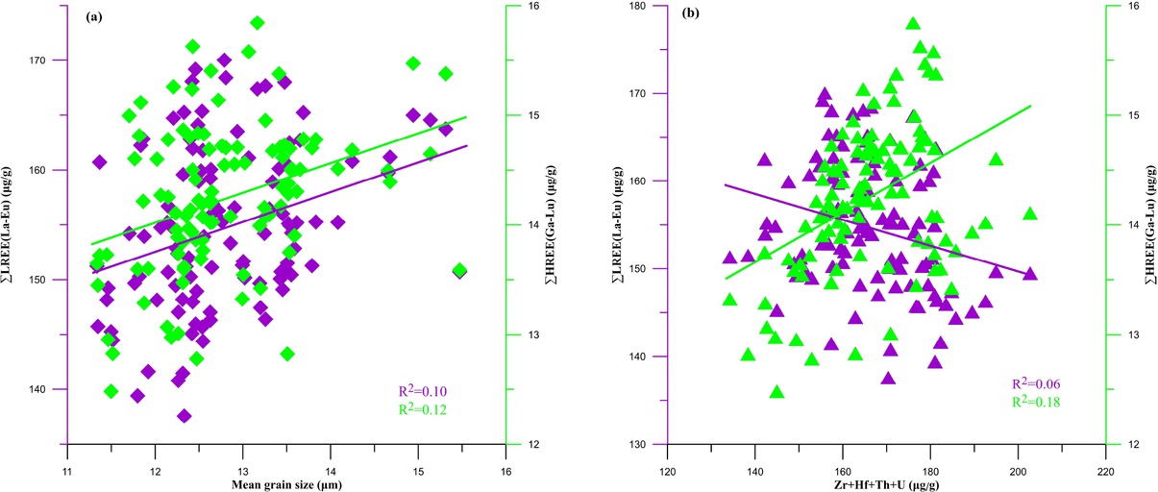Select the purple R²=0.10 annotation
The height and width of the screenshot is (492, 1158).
point(423,391)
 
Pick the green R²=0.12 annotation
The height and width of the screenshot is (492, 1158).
point(423,409)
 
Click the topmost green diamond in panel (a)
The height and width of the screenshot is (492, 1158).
point(257,22)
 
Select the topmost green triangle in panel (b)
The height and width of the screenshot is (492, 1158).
point(913,24)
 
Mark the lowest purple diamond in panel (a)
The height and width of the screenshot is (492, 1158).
point(184,416)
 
